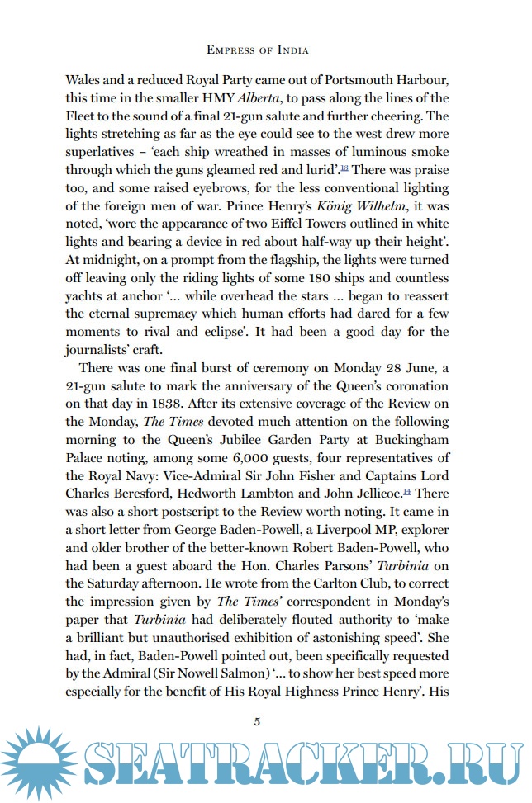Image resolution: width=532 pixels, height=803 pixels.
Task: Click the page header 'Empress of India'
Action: (257, 50)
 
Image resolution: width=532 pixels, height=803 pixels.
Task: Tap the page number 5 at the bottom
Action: (257, 721)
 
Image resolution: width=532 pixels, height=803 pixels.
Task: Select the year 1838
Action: (173, 405)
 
